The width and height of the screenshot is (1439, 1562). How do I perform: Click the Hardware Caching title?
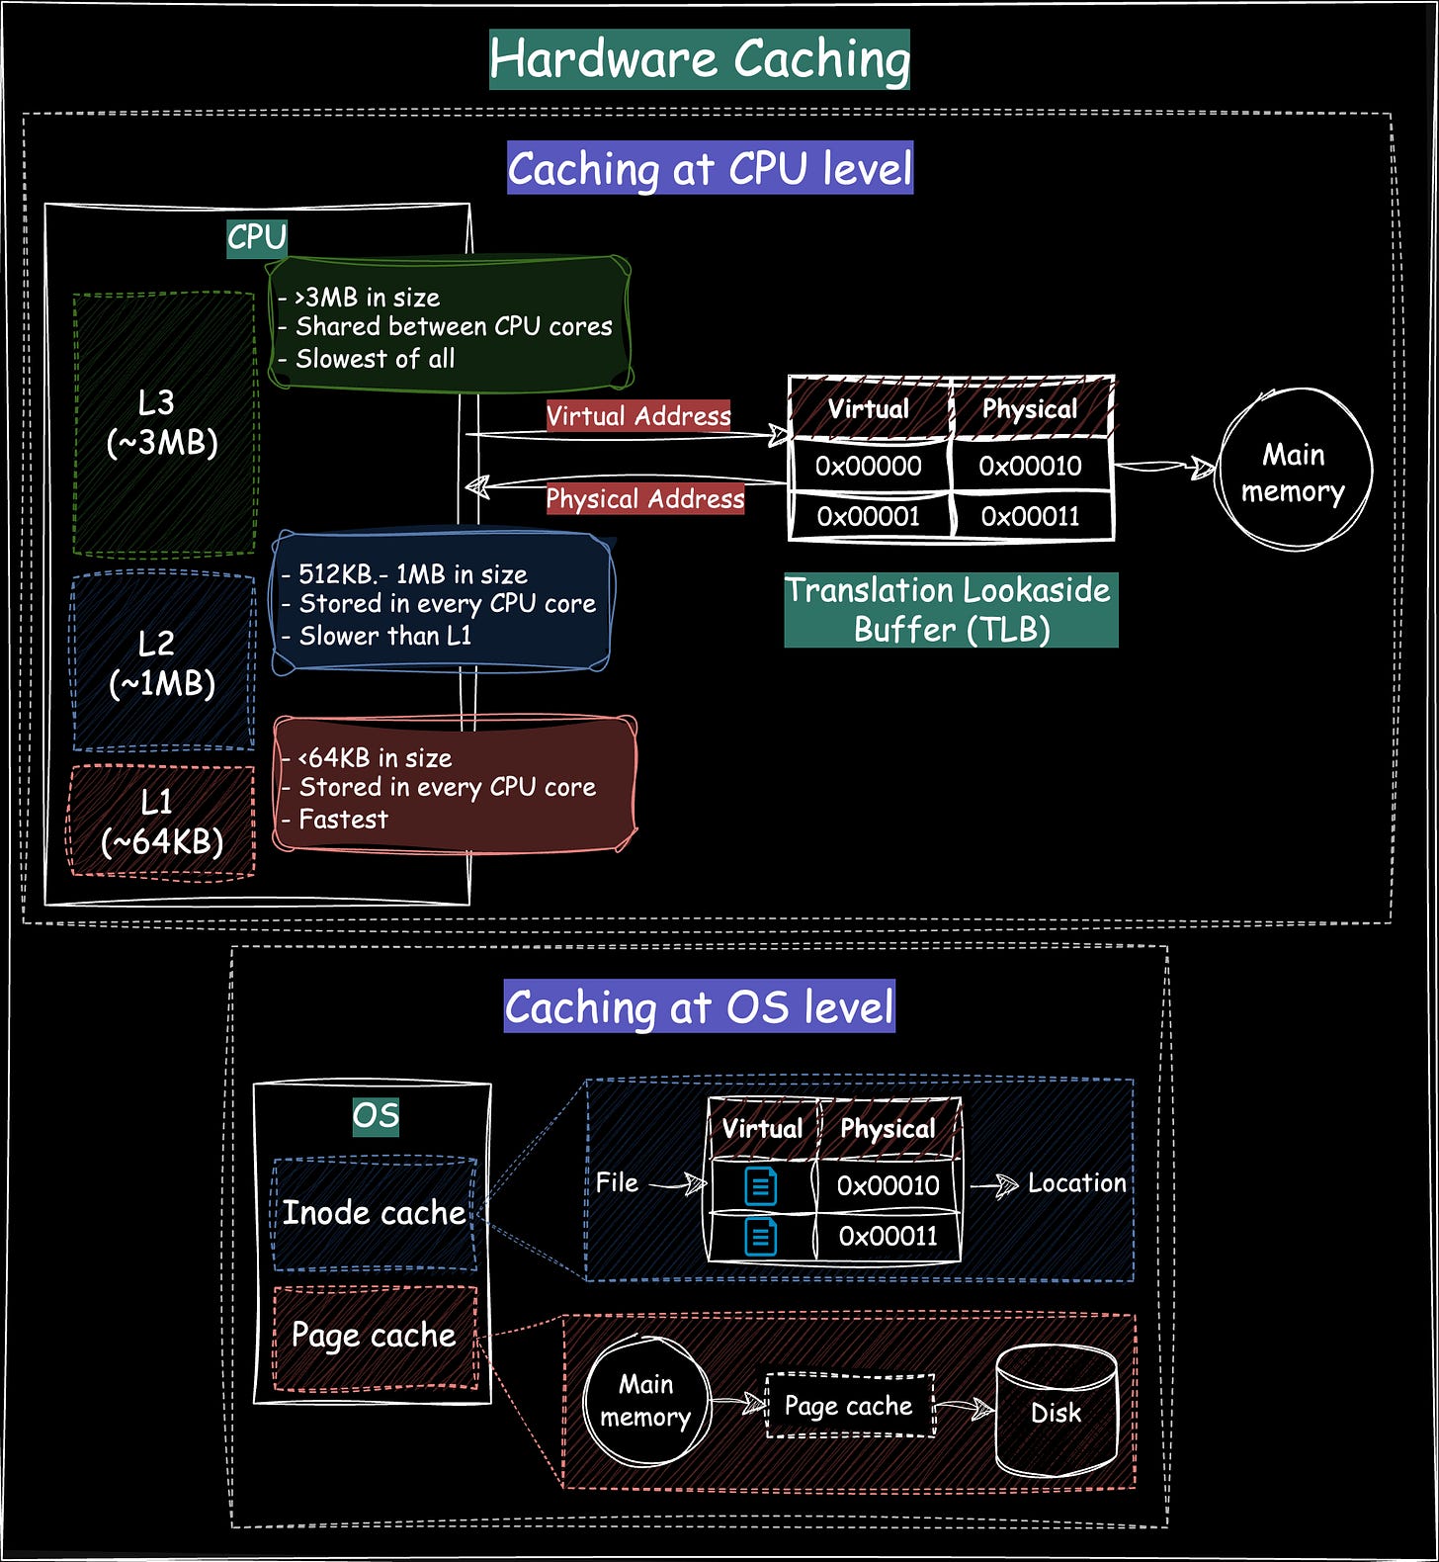(699, 59)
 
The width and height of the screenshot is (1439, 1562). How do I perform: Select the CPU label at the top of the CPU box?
(257, 238)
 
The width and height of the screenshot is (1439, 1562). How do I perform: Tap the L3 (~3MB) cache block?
(163, 422)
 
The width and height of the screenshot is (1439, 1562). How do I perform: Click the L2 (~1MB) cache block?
(162, 662)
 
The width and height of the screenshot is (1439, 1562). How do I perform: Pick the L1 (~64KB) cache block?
(162, 821)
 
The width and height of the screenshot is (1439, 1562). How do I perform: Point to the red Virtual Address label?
(638, 416)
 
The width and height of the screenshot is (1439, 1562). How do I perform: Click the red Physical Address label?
(644, 498)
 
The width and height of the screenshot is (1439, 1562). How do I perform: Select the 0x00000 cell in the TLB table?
(869, 466)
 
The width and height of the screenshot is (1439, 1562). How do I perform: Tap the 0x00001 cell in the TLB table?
(869, 516)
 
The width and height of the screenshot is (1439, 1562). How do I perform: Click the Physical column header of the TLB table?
(1030, 409)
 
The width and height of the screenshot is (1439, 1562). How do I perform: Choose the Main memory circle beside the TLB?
(1294, 472)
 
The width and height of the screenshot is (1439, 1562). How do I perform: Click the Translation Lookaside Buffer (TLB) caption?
(950, 610)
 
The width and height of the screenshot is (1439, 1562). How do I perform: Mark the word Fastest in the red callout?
(343, 820)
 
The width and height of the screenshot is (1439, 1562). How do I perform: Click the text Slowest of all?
(375, 359)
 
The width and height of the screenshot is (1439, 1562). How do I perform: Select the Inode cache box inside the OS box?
(374, 1213)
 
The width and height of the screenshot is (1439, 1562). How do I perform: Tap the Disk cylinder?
(1056, 1412)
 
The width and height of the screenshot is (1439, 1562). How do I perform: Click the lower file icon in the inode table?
(760, 1236)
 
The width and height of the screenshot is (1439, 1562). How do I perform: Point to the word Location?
(1076, 1183)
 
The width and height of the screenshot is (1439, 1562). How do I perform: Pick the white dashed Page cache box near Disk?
(849, 1405)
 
